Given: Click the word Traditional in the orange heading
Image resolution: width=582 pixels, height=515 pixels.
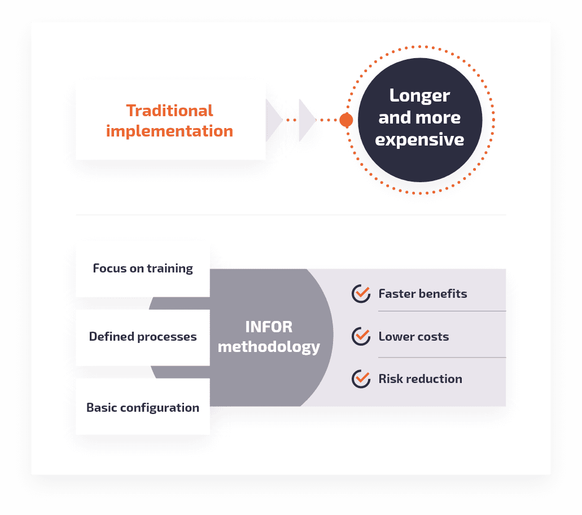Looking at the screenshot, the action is coord(169,111).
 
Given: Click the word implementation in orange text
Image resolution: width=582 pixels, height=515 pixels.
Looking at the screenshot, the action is coord(169,131).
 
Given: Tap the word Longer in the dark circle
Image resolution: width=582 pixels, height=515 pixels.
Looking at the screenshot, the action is coord(420,96).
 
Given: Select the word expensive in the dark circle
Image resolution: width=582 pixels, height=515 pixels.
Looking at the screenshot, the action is coord(419,140).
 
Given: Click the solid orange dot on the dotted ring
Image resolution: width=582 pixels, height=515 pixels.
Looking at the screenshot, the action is coord(346,120).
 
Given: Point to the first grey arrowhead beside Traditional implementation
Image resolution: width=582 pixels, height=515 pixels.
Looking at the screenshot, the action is coord(274,120).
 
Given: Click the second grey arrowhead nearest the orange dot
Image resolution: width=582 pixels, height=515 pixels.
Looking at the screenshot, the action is coord(307,120).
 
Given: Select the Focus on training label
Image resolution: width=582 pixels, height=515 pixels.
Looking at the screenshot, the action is coord(143,268).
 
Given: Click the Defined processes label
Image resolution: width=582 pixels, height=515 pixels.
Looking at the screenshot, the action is coord(143,337).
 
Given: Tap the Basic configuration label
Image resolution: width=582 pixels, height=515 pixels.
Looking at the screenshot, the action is coord(143,408).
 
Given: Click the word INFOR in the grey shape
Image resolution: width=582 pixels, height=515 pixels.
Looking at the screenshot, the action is coord(269,327).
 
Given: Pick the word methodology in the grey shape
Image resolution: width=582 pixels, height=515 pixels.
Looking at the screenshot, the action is coord(269,347).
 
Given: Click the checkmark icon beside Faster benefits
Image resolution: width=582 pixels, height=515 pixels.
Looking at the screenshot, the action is coord(361,294).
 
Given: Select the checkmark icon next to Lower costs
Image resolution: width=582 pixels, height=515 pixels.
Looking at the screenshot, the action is coord(361,336).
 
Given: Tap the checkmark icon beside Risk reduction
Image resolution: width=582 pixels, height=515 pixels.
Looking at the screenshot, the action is coord(361,379).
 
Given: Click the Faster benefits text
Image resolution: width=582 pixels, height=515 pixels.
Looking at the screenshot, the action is coord(423,294).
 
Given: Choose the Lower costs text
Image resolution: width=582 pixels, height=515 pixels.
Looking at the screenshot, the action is coord(414,337).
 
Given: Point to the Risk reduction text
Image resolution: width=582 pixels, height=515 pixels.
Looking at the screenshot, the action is coord(421,379).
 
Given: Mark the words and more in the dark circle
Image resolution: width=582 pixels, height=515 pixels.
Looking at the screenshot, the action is coord(420,118).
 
